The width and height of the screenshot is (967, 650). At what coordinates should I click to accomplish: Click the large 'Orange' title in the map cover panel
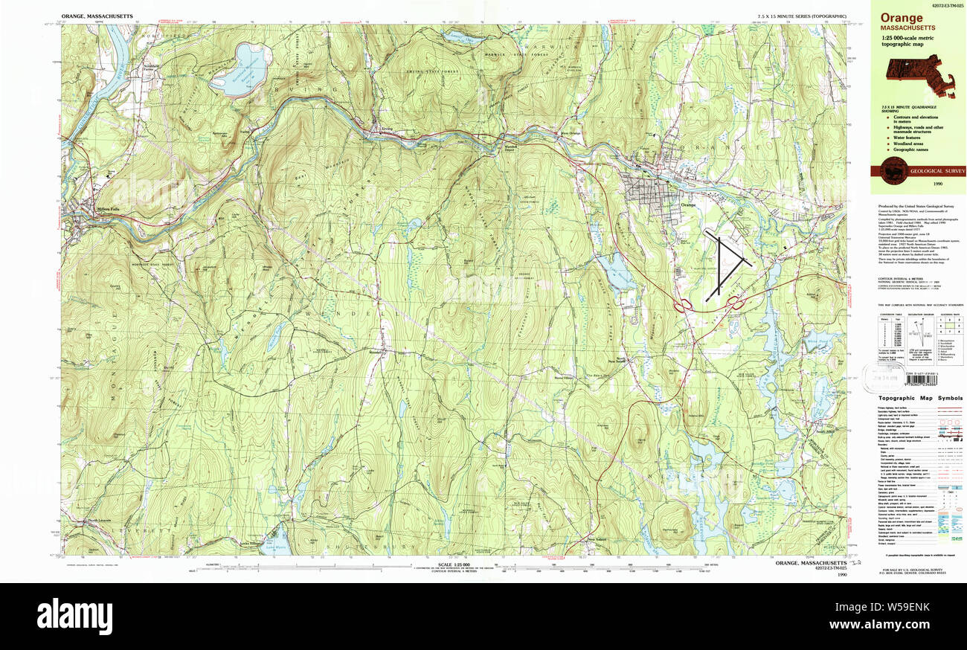[902, 18]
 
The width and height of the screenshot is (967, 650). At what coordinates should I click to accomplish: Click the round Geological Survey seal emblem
[889, 171]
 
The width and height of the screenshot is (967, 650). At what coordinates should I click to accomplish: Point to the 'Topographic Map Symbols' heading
[918, 399]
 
